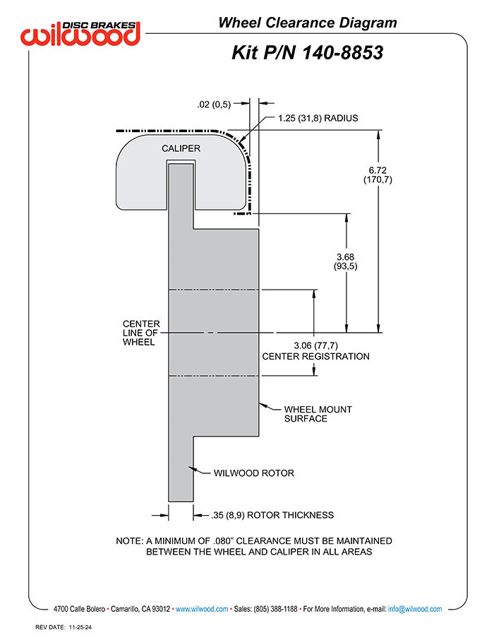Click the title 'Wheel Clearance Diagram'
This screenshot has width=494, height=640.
[x=307, y=23]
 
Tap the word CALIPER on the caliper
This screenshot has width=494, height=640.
[x=181, y=148]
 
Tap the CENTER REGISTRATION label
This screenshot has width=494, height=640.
[x=315, y=357]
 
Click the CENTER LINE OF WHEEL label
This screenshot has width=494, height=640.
[x=141, y=333]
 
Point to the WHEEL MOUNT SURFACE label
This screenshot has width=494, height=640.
[x=317, y=414]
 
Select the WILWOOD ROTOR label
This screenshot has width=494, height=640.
[x=253, y=473]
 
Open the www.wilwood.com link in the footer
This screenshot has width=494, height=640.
[x=201, y=609]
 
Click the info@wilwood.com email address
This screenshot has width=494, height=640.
[x=415, y=609]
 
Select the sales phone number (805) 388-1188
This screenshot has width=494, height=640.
[x=274, y=609]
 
